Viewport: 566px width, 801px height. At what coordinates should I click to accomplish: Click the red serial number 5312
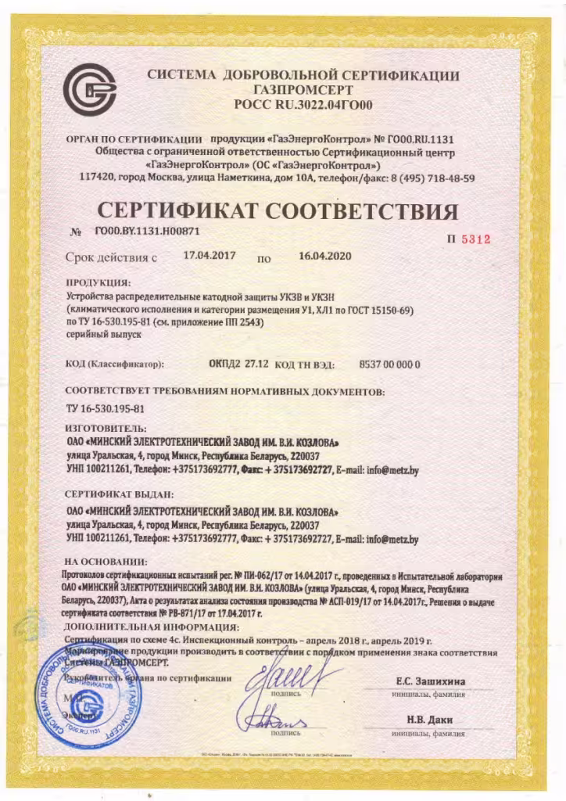pos(475,239)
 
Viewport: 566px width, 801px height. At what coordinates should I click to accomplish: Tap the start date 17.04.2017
pos(209,255)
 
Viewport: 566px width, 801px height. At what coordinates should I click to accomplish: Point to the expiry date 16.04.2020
pos(325,256)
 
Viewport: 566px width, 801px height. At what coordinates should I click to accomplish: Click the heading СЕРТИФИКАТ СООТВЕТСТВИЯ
pos(277,211)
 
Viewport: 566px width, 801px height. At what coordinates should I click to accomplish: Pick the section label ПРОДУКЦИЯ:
pos(98,282)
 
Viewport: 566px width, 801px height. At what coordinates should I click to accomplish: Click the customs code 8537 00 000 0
pos(389,364)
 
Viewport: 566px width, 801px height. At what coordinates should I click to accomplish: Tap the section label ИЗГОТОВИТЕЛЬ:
pos(106,428)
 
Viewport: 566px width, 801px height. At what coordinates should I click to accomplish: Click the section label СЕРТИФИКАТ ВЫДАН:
pos(119,495)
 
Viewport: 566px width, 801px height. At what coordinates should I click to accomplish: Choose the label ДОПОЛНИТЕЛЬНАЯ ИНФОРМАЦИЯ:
pos(152,627)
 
